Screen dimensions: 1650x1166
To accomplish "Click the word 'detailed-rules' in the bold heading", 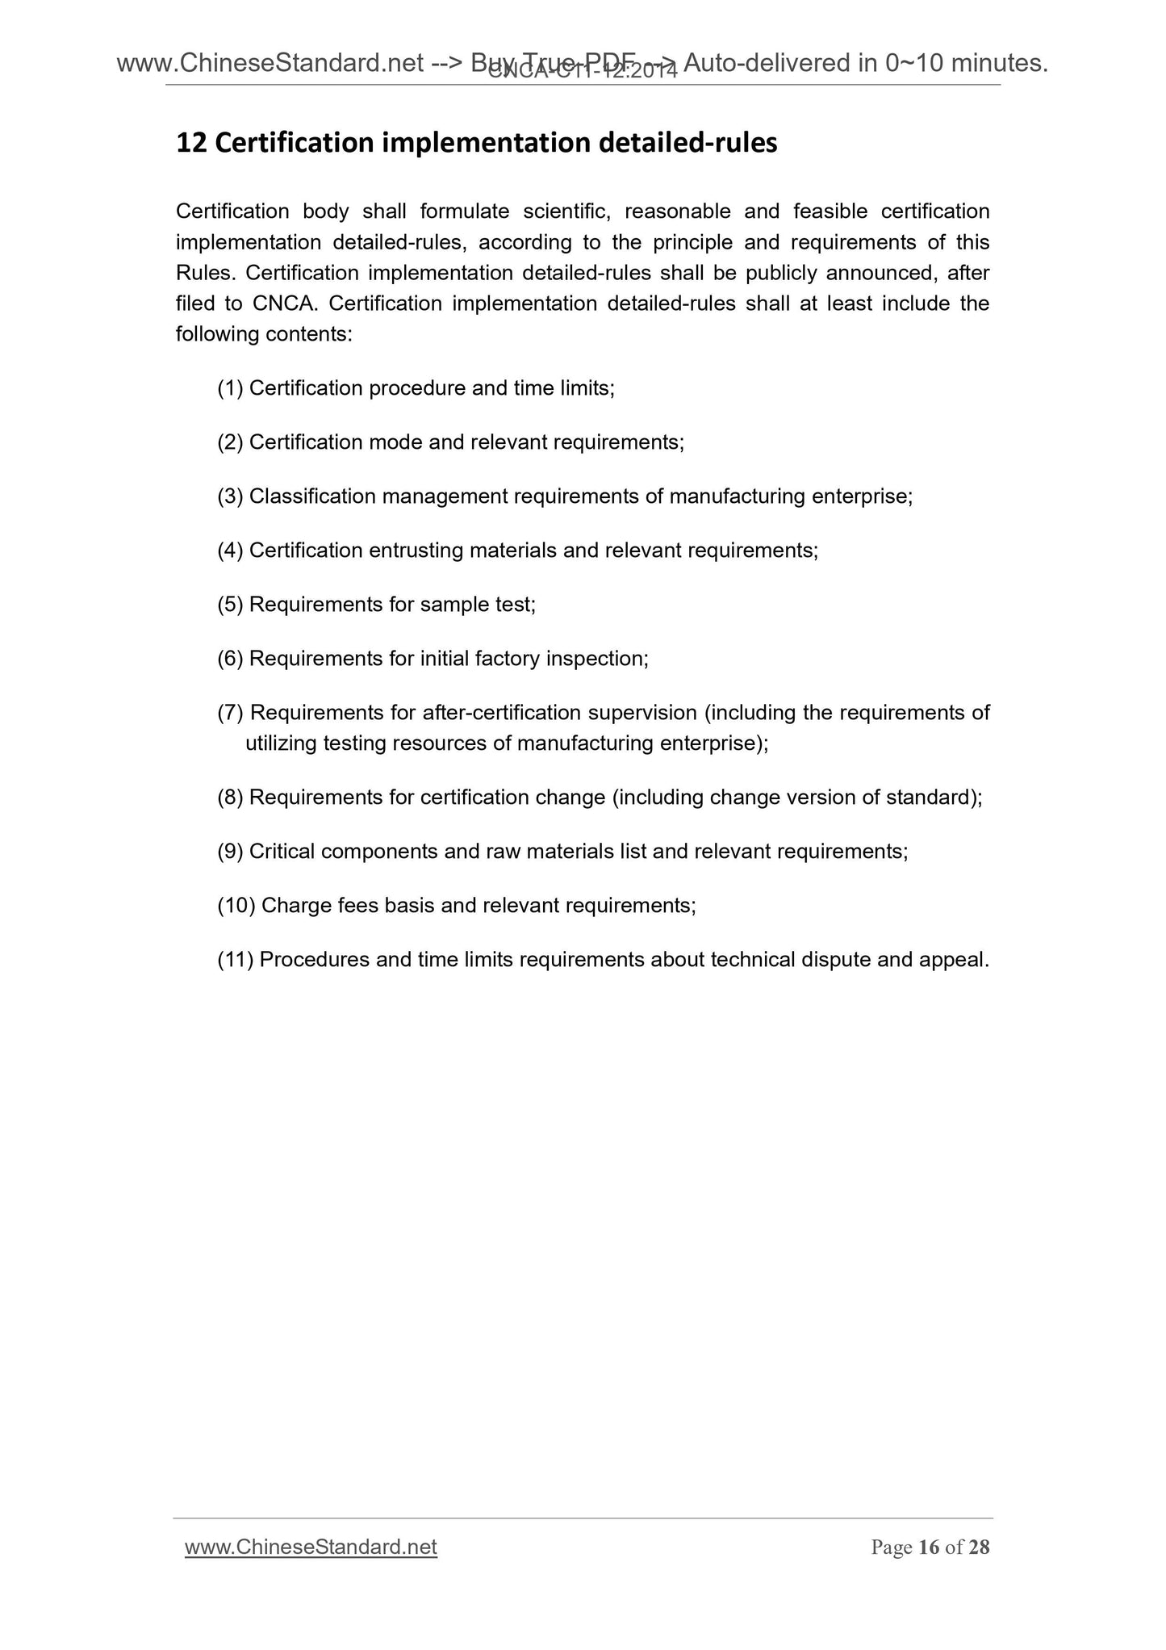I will (x=687, y=144).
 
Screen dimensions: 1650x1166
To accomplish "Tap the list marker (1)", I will (x=230, y=389).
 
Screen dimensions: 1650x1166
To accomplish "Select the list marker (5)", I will (x=230, y=605).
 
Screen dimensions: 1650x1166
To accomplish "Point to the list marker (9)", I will (x=230, y=852).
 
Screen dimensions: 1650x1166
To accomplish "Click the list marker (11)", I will (x=236, y=960).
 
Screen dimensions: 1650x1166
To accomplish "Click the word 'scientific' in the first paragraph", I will (x=566, y=211).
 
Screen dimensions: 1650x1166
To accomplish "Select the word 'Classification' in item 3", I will (x=312, y=496).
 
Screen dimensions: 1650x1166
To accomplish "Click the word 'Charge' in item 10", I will (x=296, y=906).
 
